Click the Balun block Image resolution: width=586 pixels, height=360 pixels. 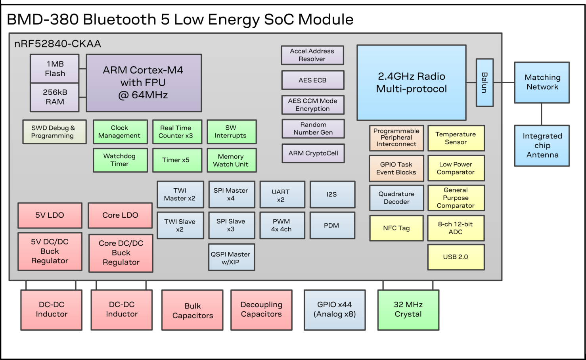(x=485, y=82)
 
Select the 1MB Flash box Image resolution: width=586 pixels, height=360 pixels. (x=55, y=69)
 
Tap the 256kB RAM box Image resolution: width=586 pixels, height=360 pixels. (x=55, y=97)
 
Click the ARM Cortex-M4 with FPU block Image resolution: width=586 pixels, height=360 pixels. (x=144, y=82)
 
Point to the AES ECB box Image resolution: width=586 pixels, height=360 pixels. (x=312, y=80)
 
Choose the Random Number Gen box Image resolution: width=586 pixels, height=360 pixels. (x=313, y=128)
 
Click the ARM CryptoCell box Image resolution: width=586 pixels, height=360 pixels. (x=313, y=153)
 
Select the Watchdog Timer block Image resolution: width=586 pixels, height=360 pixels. (x=120, y=160)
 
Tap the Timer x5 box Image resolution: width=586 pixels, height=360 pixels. (x=176, y=160)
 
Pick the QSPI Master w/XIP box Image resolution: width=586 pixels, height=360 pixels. (x=231, y=258)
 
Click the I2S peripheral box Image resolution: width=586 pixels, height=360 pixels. (x=332, y=194)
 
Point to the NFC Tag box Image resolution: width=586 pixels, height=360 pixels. (x=396, y=228)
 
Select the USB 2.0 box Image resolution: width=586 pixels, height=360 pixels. (x=456, y=257)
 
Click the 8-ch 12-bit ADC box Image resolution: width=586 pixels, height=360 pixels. (x=456, y=228)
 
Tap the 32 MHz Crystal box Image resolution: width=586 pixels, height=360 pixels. (x=408, y=310)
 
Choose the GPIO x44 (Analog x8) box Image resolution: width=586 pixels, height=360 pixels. (x=335, y=310)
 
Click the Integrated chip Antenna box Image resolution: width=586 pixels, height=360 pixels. (x=542, y=146)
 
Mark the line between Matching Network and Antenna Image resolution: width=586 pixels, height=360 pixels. (x=542, y=114)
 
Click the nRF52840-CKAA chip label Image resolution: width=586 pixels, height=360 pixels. (x=58, y=44)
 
